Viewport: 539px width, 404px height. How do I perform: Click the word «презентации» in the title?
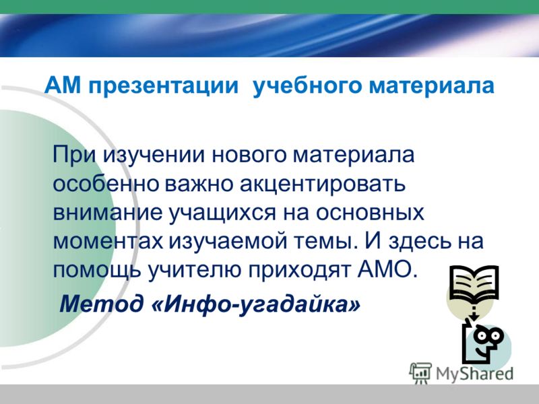point(163,86)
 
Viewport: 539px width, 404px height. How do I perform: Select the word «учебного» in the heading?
point(307,86)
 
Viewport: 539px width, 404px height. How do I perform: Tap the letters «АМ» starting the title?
point(63,85)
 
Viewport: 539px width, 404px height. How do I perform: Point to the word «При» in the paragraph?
point(73,156)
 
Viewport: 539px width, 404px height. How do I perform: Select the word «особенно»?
point(106,183)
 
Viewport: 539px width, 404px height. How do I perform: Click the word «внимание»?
point(107,213)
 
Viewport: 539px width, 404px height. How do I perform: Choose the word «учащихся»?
point(222,213)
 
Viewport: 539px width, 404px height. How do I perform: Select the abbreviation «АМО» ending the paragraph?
point(387,270)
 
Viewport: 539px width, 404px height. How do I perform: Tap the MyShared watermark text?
point(474,374)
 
